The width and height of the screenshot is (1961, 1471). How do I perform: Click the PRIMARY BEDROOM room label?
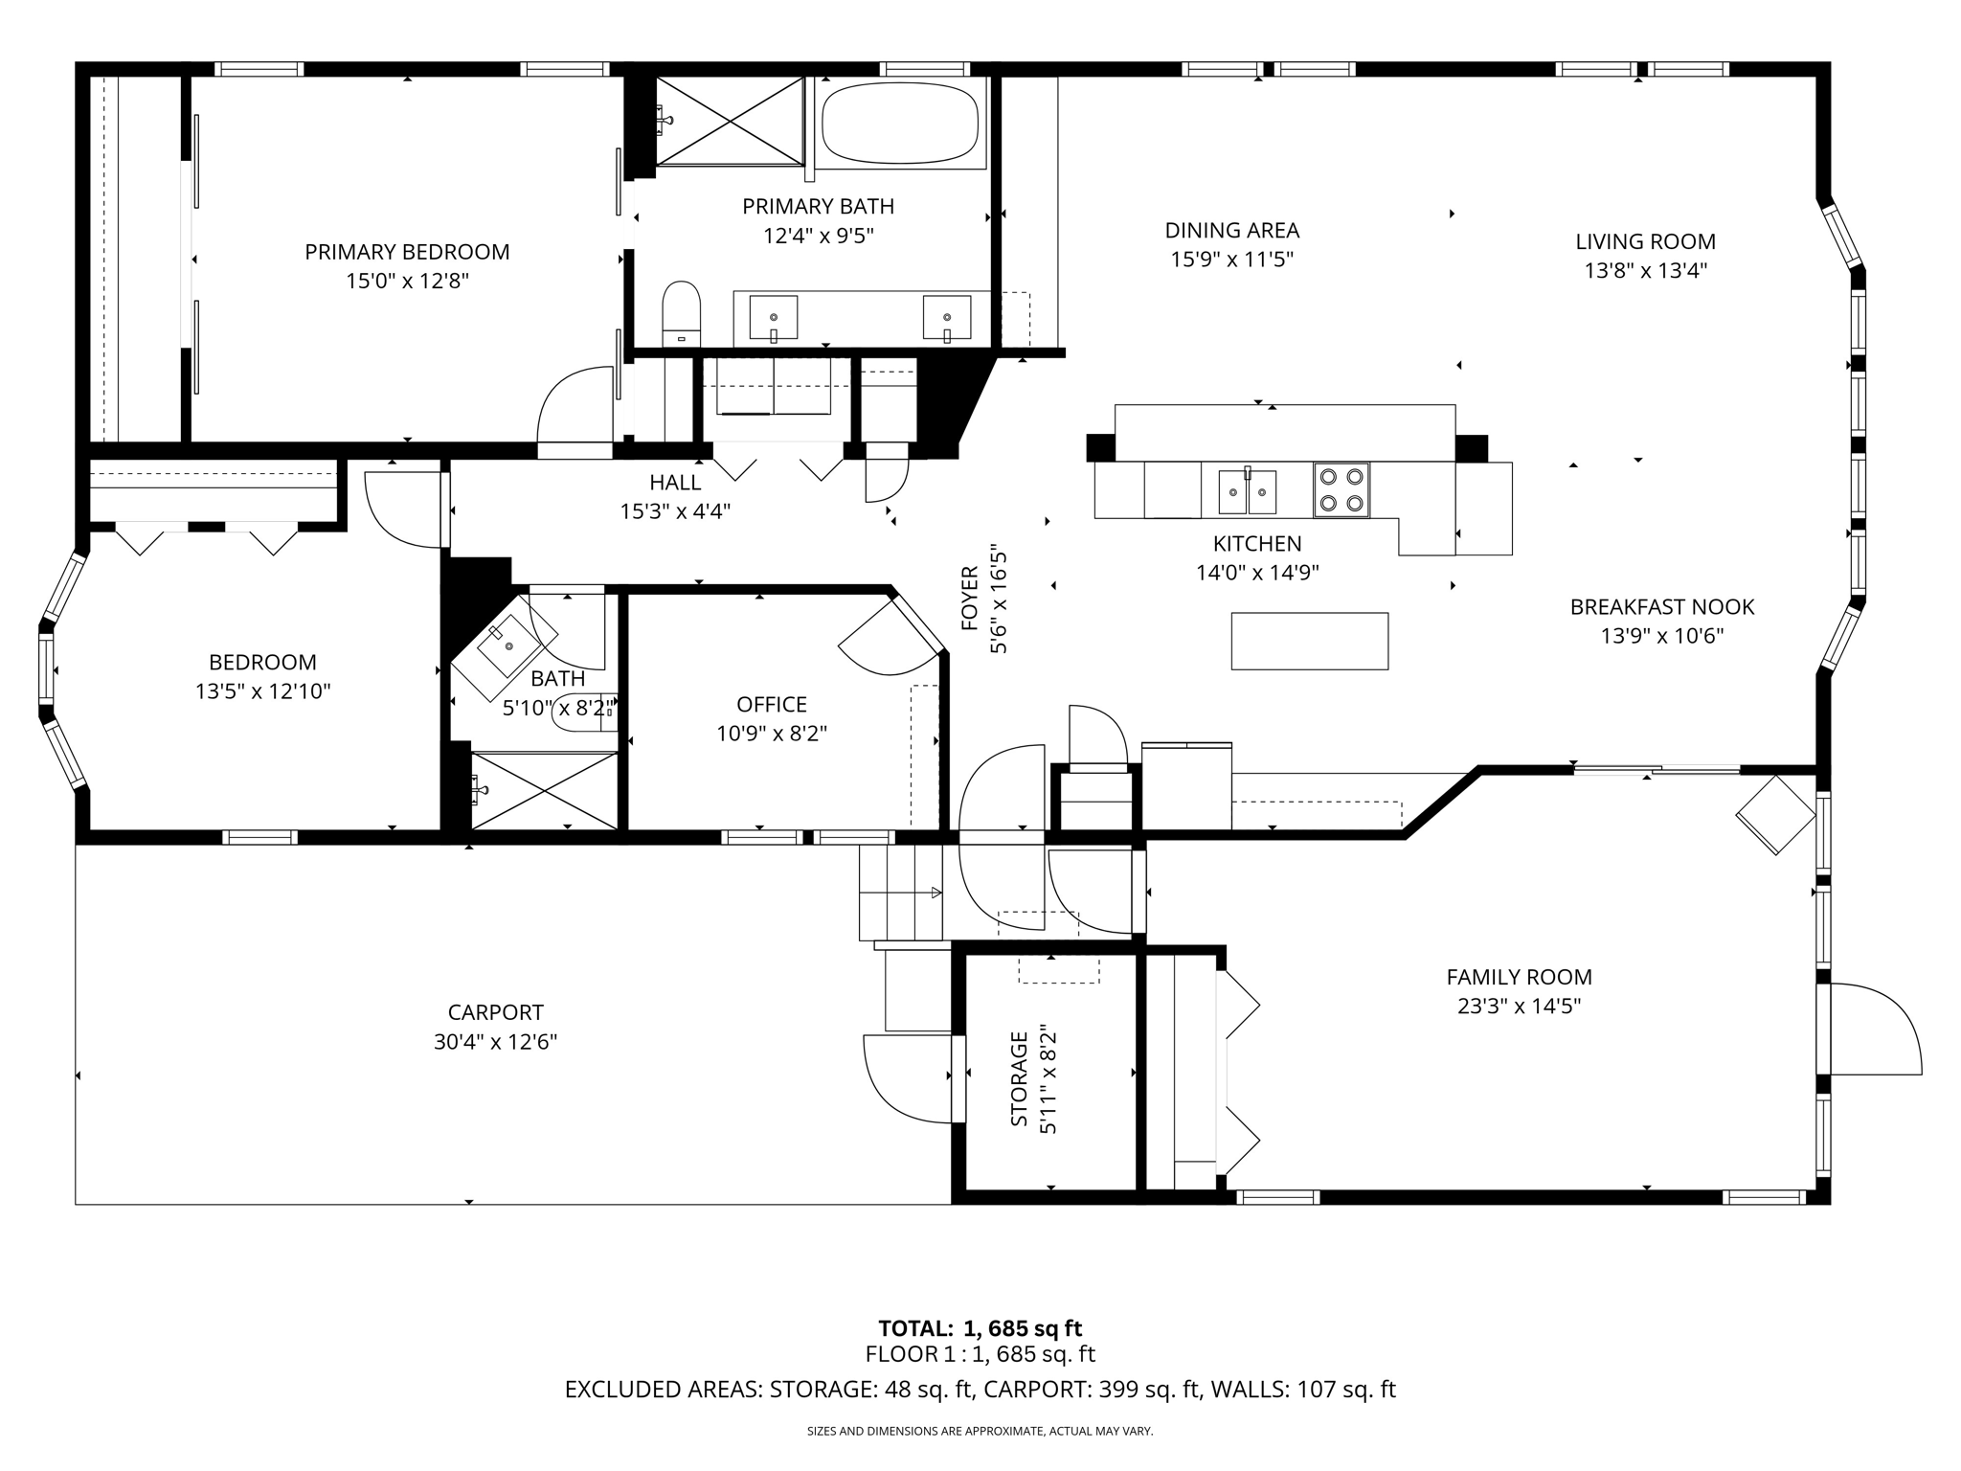click(x=407, y=252)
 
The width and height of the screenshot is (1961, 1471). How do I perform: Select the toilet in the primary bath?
click(x=682, y=313)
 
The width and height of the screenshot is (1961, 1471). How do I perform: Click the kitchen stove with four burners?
click(x=1341, y=490)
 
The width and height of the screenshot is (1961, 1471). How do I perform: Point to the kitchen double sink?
click(x=1247, y=491)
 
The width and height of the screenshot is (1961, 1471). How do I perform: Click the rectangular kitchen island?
click(x=1310, y=641)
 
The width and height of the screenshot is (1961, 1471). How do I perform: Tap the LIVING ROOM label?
click(x=1645, y=241)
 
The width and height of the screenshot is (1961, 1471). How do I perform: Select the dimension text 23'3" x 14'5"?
click(x=1519, y=1007)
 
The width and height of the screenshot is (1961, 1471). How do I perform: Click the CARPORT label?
click(x=495, y=1012)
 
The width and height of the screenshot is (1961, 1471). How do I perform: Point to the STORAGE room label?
click(x=1019, y=1078)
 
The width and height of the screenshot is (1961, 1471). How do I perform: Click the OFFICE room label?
click(x=772, y=705)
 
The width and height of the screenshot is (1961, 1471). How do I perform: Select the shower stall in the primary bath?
click(x=730, y=122)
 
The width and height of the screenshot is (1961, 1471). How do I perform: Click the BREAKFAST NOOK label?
click(x=1662, y=606)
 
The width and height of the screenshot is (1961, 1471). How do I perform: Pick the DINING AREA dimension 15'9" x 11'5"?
click(x=1231, y=260)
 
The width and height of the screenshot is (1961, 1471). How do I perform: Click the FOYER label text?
click(x=970, y=599)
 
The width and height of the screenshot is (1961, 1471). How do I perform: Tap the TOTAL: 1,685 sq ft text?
click(x=980, y=1328)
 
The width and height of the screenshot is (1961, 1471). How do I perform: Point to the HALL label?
click(x=675, y=483)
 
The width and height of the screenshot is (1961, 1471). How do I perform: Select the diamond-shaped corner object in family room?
click(x=1776, y=815)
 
